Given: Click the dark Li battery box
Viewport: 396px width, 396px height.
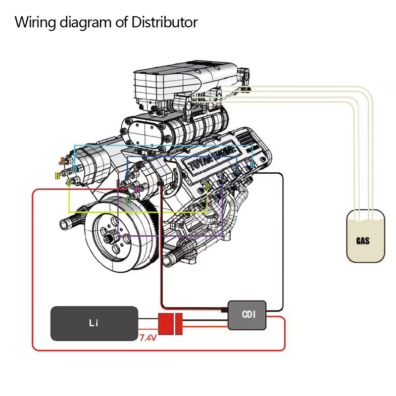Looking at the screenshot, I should (94, 323).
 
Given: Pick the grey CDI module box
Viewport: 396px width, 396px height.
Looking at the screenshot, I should (247, 314).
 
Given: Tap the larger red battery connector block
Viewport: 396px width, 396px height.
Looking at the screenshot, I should (164, 324).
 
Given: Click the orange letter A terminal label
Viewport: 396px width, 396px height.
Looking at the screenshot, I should (62, 161).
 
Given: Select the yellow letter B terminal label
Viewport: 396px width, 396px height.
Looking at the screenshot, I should (57, 175).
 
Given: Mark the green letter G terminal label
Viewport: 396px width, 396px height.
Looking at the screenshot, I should (128, 199).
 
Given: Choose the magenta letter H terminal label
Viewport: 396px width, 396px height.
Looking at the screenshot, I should (138, 189).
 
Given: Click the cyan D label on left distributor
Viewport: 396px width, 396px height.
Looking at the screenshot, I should (74, 169).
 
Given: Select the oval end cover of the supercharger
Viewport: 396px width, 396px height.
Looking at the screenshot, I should (143, 130).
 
